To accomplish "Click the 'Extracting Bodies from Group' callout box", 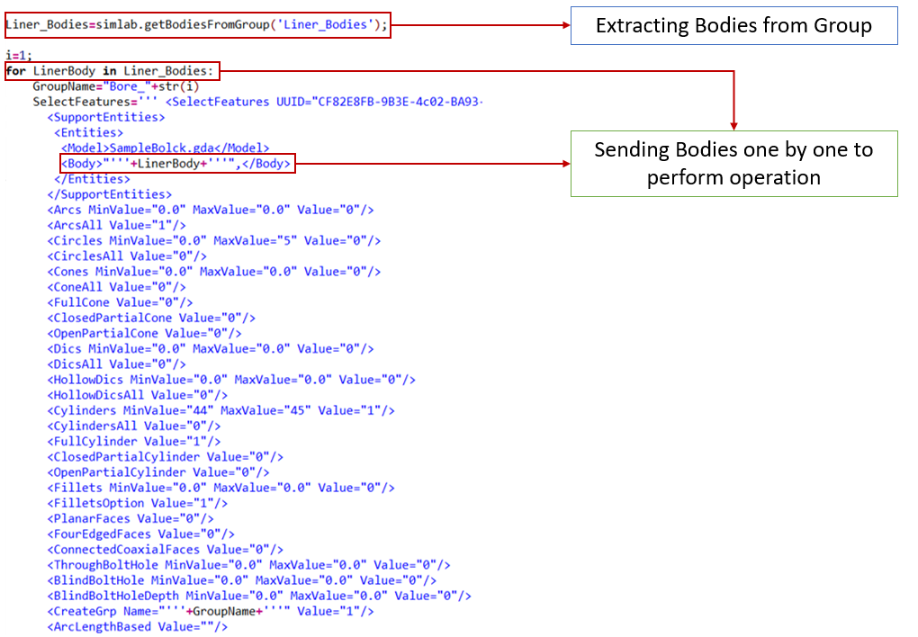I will click(x=733, y=25).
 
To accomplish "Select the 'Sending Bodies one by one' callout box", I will click(x=733, y=163).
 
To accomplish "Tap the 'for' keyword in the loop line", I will click(x=16, y=70).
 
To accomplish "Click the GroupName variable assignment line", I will click(x=116, y=85).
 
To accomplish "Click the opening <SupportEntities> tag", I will click(x=106, y=117).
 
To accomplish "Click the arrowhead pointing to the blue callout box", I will click(x=565, y=25).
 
